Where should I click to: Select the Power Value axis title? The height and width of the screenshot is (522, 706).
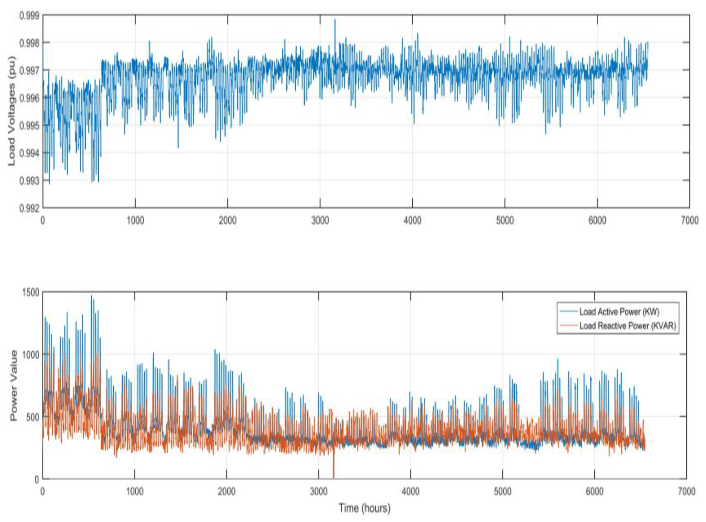click(x=14, y=385)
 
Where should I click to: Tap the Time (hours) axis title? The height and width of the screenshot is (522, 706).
click(x=365, y=508)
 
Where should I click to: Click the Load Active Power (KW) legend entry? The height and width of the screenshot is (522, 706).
click(x=619, y=312)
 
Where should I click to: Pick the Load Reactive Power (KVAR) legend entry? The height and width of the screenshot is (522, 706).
click(x=627, y=326)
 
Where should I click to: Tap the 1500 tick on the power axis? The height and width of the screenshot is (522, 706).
click(x=31, y=292)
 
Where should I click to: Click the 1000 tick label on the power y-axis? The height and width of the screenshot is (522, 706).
click(x=31, y=354)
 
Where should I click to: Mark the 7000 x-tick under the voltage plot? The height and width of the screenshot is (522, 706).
click(x=689, y=220)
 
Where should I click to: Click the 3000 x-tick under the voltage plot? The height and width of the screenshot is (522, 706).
click(x=320, y=220)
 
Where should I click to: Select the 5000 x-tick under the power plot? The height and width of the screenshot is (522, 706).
click(x=503, y=492)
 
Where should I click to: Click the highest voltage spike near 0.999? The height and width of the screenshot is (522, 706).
click(x=335, y=20)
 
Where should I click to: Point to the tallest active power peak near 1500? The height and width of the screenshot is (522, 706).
click(x=92, y=296)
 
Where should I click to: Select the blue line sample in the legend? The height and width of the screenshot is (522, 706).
click(x=569, y=312)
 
